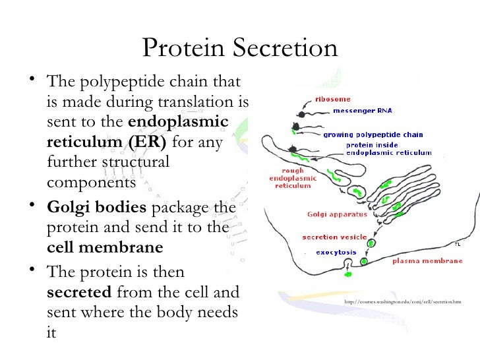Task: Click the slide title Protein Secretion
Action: (240, 48)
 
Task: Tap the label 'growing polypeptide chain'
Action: (373, 135)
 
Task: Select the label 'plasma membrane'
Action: (427, 260)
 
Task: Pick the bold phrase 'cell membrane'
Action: (105, 248)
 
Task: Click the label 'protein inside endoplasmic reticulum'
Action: (388, 148)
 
